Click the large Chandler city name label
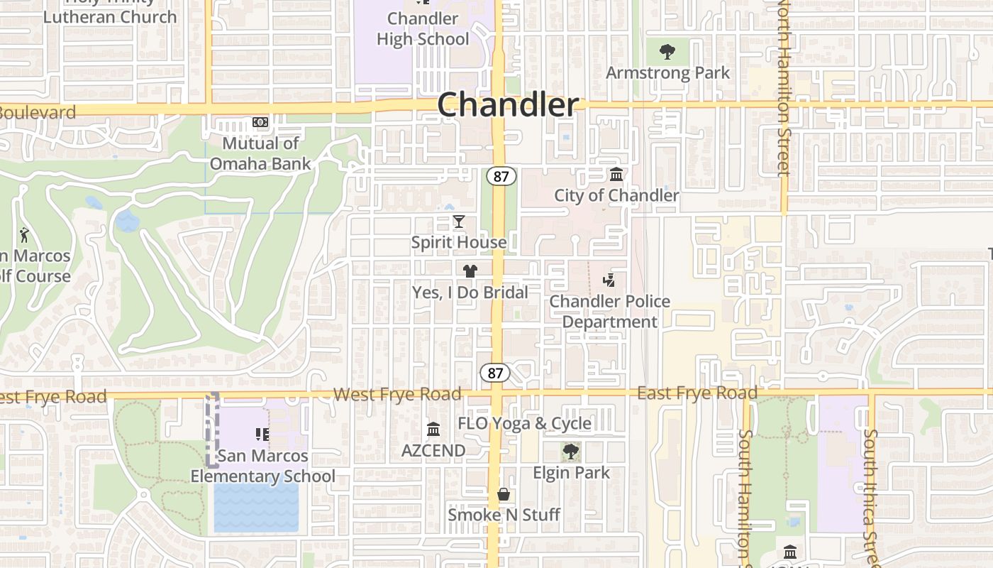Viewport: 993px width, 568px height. pos(508,105)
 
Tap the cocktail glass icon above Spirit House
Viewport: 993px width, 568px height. pos(459,222)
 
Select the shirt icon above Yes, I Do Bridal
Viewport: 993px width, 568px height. pos(470,271)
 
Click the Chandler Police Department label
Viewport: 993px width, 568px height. pos(610,312)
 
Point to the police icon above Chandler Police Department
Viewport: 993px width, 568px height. pos(609,280)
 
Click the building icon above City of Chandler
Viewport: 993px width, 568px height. pos(616,174)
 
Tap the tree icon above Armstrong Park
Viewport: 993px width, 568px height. pos(667,51)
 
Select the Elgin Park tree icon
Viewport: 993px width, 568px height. pos(571,451)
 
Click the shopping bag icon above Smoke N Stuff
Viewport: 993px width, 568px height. pos(504,494)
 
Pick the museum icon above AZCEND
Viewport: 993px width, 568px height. pos(433,429)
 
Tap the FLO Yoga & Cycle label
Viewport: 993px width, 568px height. pos(524,424)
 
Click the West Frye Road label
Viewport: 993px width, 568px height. pos(397,394)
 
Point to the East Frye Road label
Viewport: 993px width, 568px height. pos(697,393)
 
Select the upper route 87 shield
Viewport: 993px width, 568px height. pos(501,176)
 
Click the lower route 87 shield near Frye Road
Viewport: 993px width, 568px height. pos(495,372)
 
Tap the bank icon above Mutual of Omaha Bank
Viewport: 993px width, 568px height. pos(260,122)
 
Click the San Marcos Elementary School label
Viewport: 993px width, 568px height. pos(262,466)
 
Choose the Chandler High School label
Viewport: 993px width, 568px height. pos(423,28)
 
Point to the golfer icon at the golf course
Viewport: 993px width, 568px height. pos(25,234)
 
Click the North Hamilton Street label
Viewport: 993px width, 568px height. pos(783,89)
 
